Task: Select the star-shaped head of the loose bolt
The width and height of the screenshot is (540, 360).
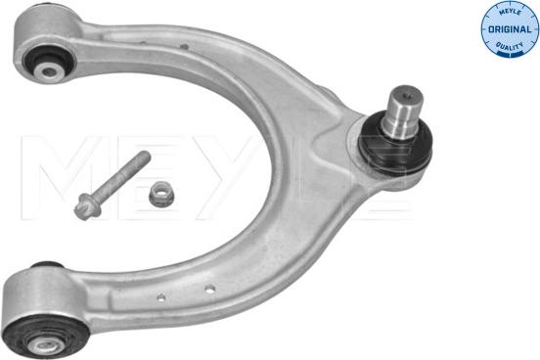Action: coord(85,206)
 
